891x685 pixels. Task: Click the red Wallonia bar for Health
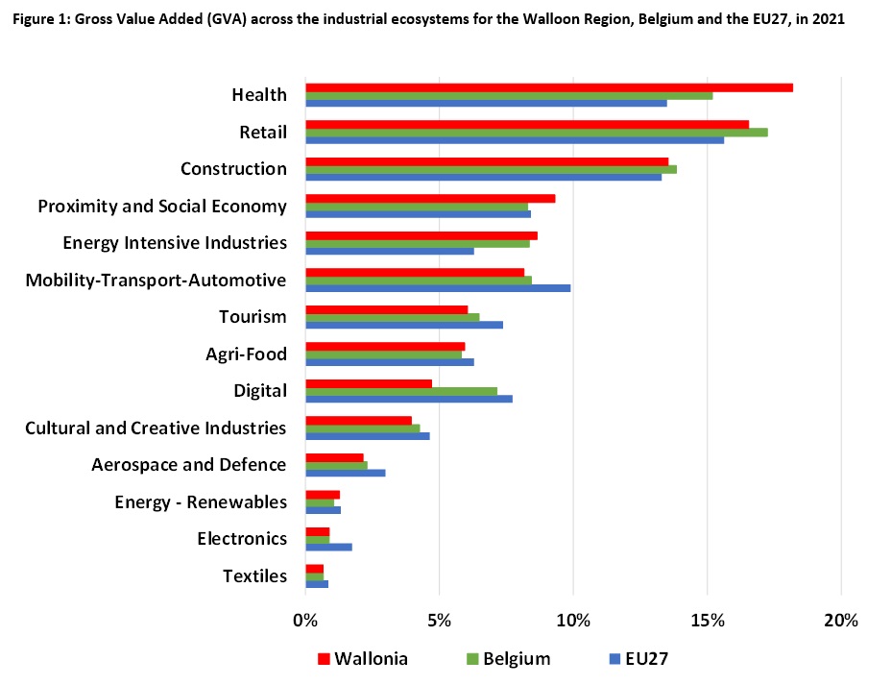548,87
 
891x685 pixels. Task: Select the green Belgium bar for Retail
536,132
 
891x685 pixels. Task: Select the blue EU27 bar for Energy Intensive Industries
389,251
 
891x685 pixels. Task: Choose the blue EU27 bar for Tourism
403,325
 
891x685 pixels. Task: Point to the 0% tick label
305,621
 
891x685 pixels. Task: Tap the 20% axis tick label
841,621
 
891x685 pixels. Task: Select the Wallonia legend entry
371,658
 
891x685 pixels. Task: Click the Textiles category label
254,575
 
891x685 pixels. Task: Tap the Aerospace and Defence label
188,464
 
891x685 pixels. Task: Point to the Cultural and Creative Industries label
156,428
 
